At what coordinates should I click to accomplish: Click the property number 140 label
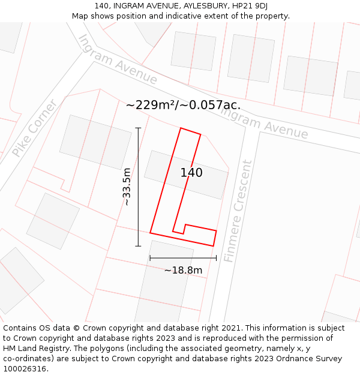191,173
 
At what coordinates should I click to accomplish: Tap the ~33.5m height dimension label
127,187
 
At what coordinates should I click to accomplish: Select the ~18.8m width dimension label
183,270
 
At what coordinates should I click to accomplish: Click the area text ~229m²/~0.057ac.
183,105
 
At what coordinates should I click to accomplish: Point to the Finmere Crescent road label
238,211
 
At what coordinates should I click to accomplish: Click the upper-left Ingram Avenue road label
118,59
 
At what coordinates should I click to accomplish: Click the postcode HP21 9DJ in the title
250,5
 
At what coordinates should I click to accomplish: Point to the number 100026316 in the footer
25,368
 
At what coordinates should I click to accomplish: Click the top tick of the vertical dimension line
138,128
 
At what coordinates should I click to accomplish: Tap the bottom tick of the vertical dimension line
138,246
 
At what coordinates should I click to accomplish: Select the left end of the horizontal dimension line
150,258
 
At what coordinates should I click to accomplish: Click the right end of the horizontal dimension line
216,258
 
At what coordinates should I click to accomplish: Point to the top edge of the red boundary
190,131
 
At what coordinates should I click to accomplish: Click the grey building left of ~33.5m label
95,142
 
